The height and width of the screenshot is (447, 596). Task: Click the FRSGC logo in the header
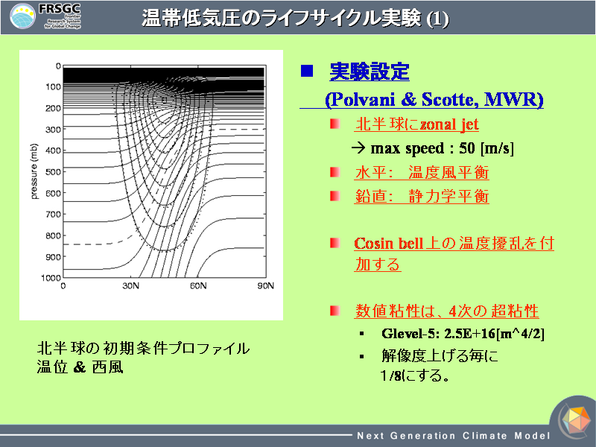pyautogui.click(x=45, y=16)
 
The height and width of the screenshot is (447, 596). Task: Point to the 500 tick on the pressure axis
pyautogui.click(x=53, y=172)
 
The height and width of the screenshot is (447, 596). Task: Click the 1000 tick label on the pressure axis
pyautogui.click(x=51, y=278)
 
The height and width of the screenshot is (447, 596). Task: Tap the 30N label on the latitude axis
pyautogui.click(x=130, y=286)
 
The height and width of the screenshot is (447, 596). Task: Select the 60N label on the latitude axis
pyautogui.click(x=198, y=286)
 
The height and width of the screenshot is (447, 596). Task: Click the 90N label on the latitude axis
pyautogui.click(x=266, y=286)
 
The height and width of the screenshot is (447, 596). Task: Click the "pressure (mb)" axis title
pyautogui.click(x=34, y=171)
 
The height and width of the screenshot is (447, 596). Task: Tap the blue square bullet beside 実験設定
pyautogui.click(x=307, y=71)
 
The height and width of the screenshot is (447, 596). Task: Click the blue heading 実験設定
pyautogui.click(x=370, y=72)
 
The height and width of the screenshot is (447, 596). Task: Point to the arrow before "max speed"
pyautogui.click(x=358, y=148)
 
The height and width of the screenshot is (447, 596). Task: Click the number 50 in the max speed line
pyautogui.click(x=467, y=148)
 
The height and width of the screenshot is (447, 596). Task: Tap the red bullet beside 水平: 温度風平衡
pyautogui.click(x=335, y=172)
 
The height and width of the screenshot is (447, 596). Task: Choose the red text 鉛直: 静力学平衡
pyautogui.click(x=422, y=197)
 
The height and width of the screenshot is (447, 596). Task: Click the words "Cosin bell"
pyautogui.click(x=388, y=244)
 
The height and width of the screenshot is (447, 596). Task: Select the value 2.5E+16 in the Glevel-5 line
pyautogui.click(x=470, y=333)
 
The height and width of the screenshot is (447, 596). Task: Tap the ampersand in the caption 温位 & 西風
pyautogui.click(x=80, y=367)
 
